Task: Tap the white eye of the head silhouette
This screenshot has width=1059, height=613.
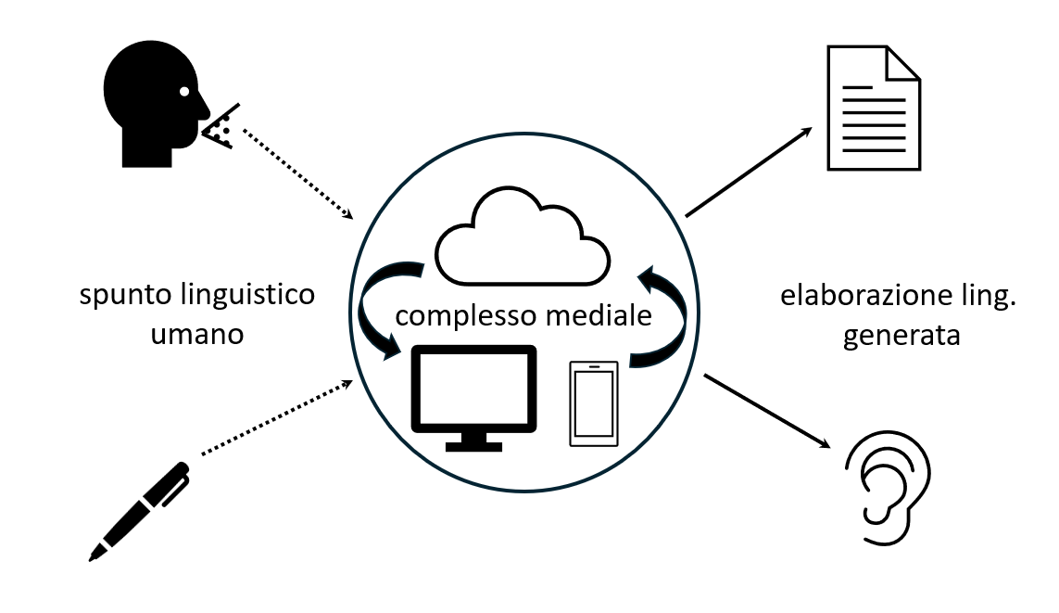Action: coord(185,91)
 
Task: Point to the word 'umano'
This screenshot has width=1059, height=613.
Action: coord(196,333)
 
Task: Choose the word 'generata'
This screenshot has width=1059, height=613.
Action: coord(901,334)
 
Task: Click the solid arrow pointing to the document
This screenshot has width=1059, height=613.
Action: coord(749,171)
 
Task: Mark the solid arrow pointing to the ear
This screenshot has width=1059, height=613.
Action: coord(766,410)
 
